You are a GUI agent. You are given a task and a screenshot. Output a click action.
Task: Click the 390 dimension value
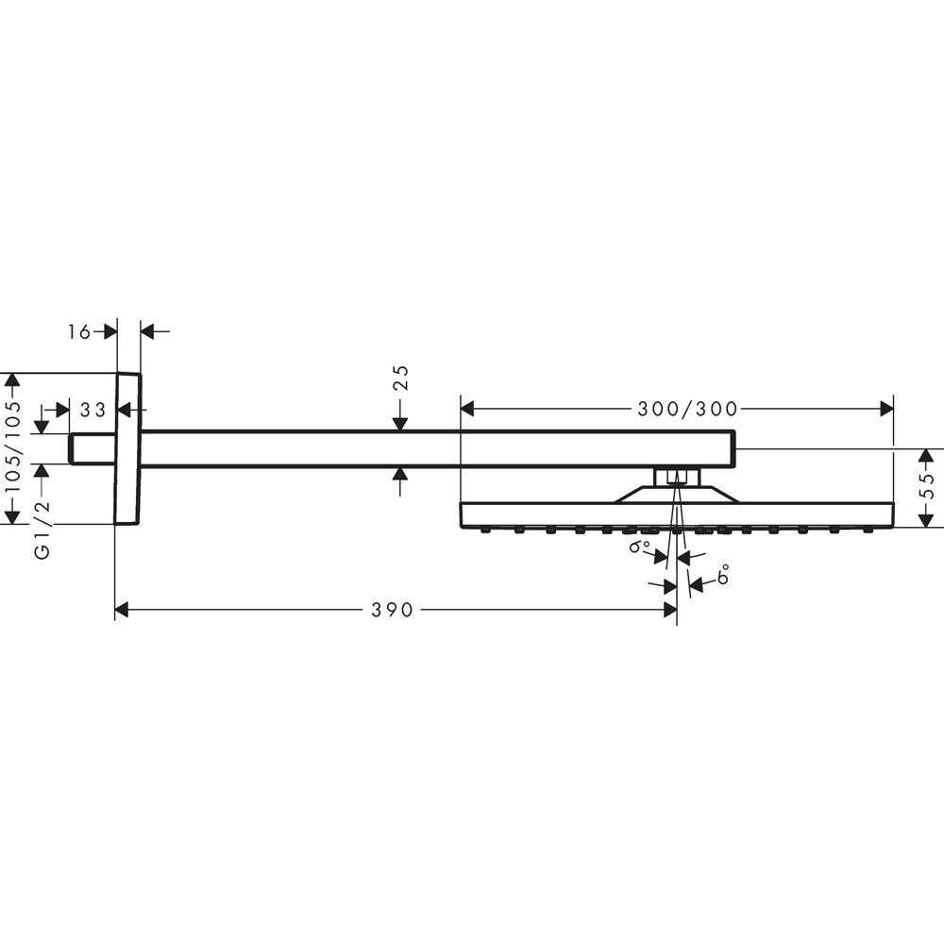[392, 611]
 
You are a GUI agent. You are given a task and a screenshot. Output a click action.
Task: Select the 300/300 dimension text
[687, 409]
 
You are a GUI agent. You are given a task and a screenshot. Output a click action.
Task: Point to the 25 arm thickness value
[400, 378]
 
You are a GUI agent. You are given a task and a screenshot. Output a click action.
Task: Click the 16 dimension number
[79, 331]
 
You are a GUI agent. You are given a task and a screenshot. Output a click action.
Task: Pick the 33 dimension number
[93, 410]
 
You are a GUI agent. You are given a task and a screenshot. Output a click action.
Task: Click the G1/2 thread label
[42, 531]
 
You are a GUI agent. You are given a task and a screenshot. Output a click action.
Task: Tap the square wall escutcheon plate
[127, 448]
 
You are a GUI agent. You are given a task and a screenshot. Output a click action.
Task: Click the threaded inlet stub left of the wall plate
[92, 449]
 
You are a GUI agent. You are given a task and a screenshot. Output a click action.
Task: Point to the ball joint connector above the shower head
[676, 476]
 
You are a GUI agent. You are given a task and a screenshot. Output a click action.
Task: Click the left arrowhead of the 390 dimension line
[121, 611]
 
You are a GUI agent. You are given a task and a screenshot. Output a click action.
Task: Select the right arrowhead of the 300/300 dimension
[886, 409]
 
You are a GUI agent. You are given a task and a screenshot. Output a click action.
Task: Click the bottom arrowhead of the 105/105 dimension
[12, 516]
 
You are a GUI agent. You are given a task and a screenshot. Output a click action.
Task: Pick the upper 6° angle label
[639, 547]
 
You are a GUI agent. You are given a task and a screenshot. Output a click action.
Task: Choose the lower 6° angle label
[724, 576]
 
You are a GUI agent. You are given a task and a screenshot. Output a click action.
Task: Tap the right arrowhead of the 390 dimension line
[670, 611]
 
